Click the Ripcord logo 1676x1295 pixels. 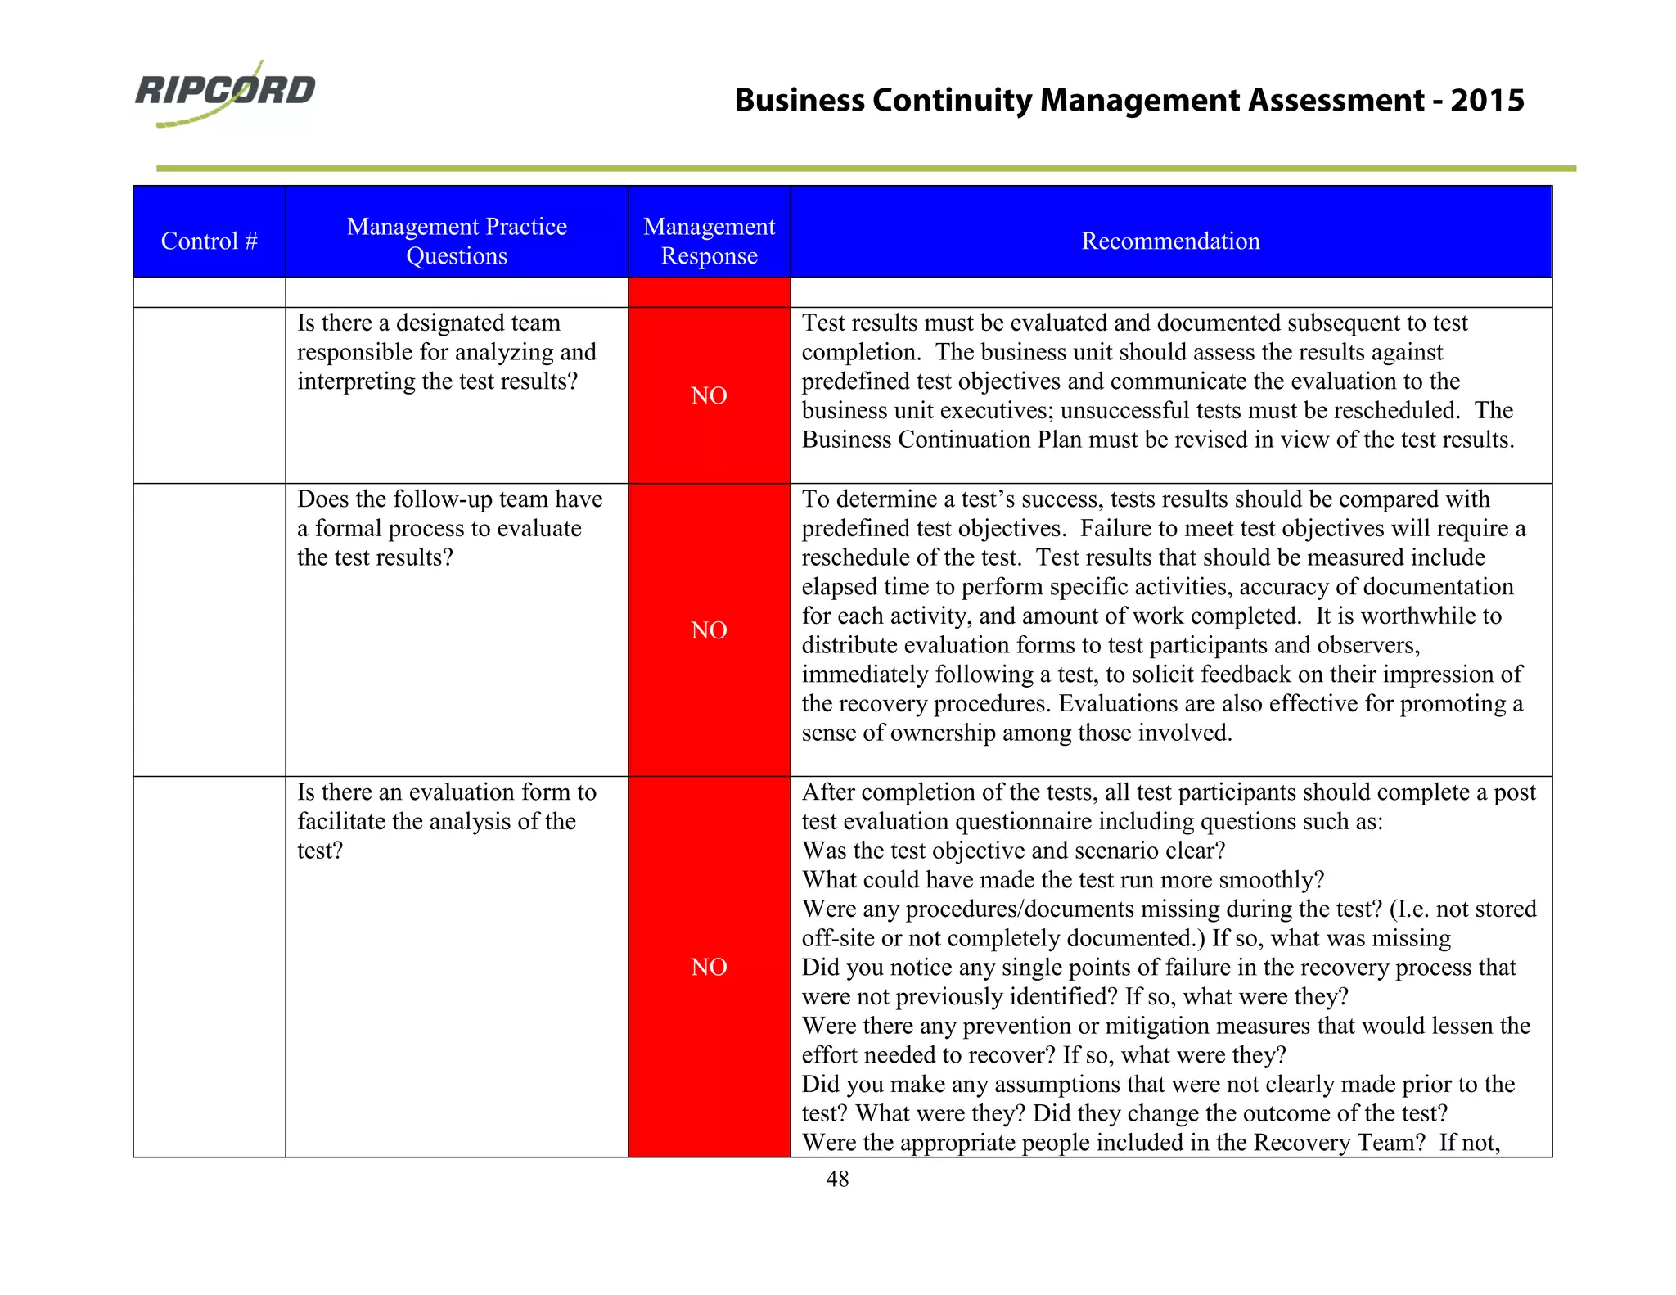pos(225,92)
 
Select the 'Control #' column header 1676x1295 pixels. pos(209,241)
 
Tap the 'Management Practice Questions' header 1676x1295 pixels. pos(457,241)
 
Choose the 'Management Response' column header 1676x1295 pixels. pos(709,241)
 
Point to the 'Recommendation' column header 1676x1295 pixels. pos(1170,241)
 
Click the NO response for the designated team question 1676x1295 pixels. pos(709,396)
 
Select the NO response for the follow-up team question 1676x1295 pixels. pos(709,630)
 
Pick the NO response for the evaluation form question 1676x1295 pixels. pos(709,968)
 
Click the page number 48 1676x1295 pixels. pos(837,1180)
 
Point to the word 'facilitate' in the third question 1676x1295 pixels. pos(341,822)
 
